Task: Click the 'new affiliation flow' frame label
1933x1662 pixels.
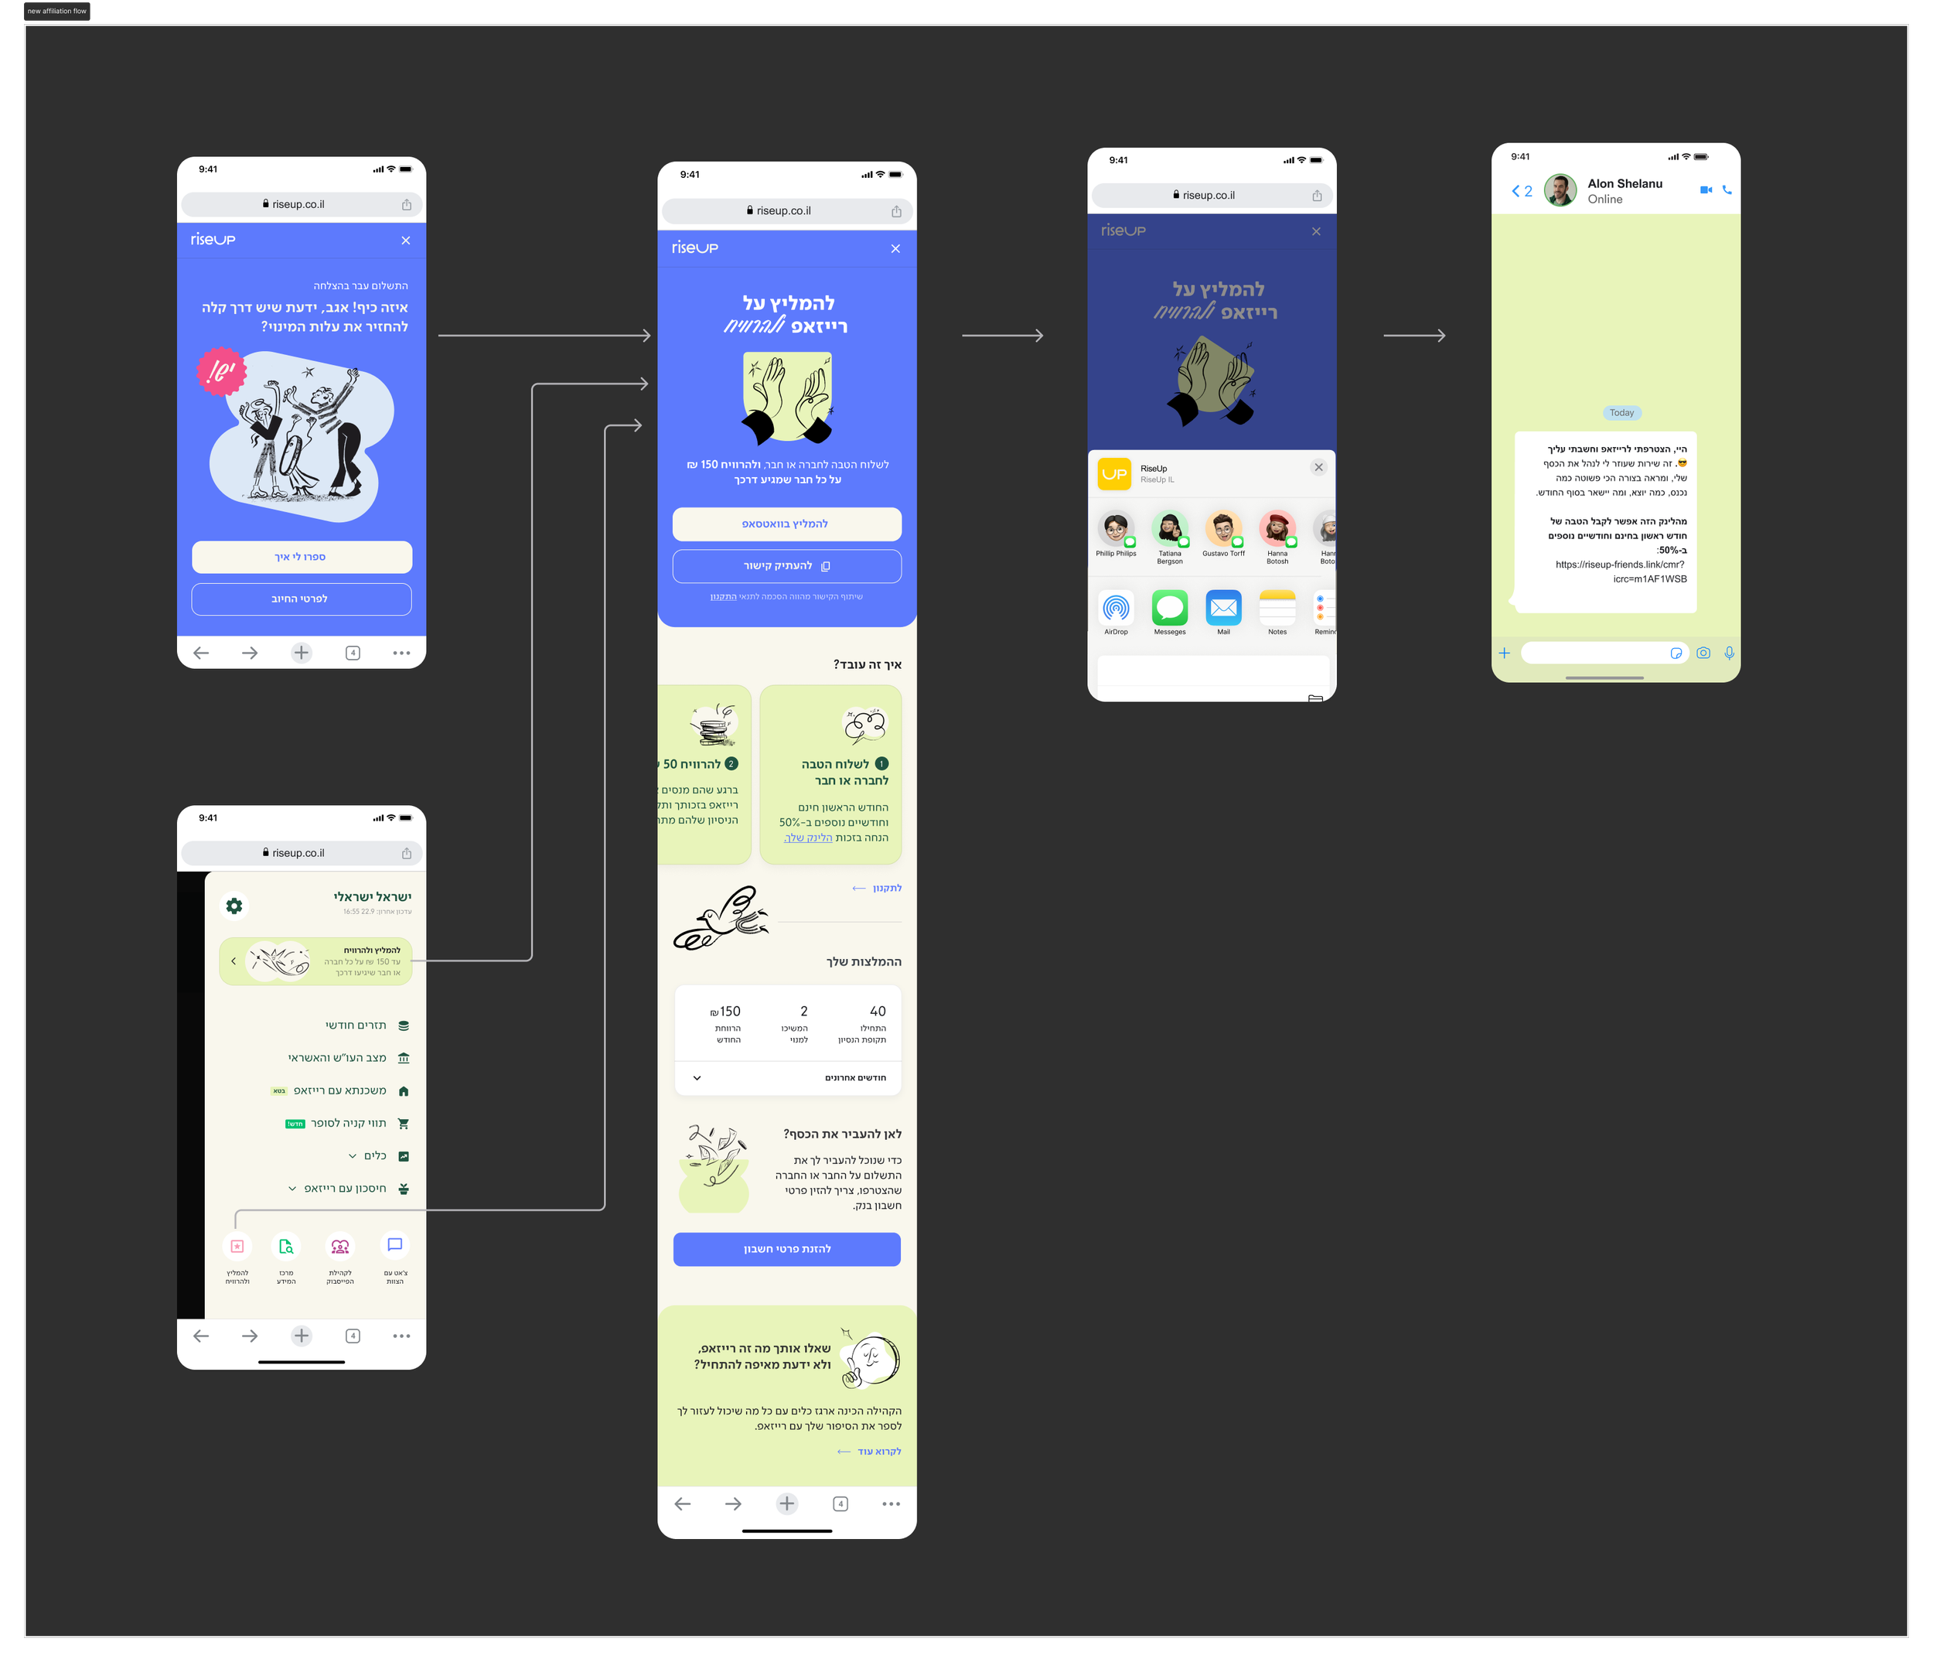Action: point(57,11)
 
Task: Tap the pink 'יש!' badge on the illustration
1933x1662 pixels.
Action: point(221,371)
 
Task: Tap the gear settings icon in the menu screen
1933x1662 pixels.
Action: point(234,905)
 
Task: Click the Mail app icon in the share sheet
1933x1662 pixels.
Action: point(1223,608)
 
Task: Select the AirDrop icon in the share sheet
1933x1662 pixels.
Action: point(1116,608)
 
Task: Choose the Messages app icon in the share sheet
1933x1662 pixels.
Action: point(1169,608)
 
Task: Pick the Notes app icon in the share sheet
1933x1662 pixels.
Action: point(1277,608)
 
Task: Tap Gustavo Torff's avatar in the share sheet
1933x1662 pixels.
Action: point(1222,528)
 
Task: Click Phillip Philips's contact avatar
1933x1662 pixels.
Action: point(1115,528)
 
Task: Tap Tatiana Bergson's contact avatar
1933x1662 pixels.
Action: point(1169,528)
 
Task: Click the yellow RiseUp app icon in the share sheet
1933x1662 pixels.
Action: point(1114,473)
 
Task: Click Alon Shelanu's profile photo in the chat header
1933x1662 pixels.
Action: point(1560,189)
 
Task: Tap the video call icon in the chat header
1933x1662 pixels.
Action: point(1706,189)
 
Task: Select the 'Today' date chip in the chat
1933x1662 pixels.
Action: point(1621,412)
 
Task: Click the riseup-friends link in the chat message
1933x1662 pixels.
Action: point(1621,571)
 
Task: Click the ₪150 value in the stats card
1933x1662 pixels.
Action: point(726,1012)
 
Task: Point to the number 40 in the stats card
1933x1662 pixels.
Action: point(877,1012)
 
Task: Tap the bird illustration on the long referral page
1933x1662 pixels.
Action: point(721,918)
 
